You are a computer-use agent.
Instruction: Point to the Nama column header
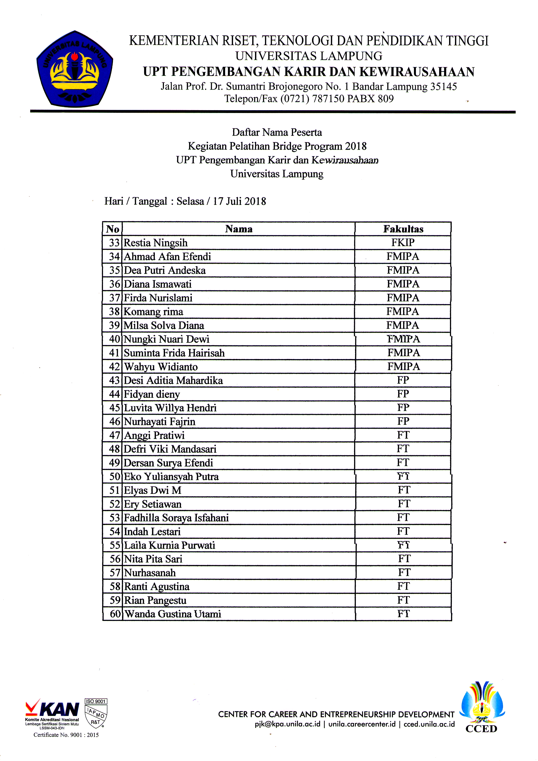pyautogui.click(x=239, y=229)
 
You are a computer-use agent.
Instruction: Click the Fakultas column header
pyautogui.click(x=403, y=229)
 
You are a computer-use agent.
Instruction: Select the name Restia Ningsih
pyautogui.click(x=155, y=243)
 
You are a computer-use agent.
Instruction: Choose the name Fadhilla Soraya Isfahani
pyautogui.click(x=176, y=518)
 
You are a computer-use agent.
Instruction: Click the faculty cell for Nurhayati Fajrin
pyautogui.click(x=403, y=421)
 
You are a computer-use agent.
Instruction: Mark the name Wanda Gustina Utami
pyautogui.click(x=173, y=614)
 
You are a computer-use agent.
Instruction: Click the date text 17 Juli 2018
pyautogui.click(x=239, y=201)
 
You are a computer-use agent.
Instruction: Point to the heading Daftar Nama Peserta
pyautogui.click(x=277, y=132)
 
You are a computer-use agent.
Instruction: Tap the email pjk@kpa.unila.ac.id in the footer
pyautogui.click(x=287, y=724)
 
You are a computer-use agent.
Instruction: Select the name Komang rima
pyautogui.click(x=153, y=312)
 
